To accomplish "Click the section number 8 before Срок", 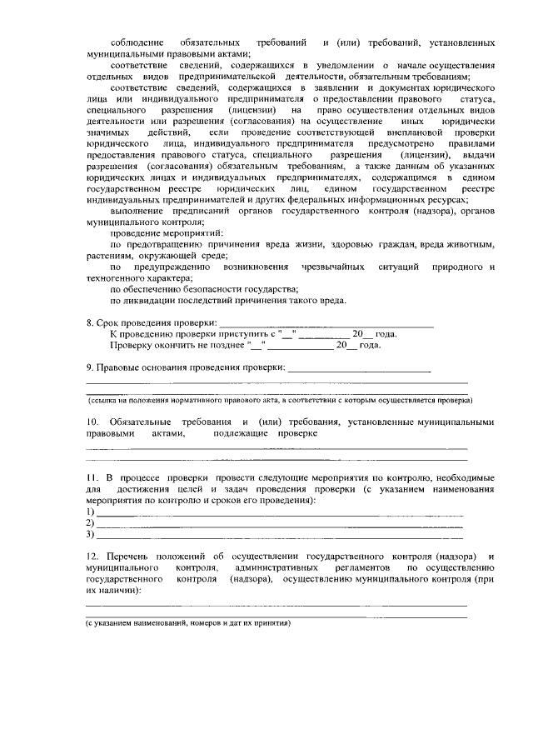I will coord(90,323).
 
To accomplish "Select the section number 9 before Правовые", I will coord(90,367).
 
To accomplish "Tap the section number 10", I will coord(92,422).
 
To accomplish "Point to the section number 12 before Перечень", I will coord(92,556).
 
